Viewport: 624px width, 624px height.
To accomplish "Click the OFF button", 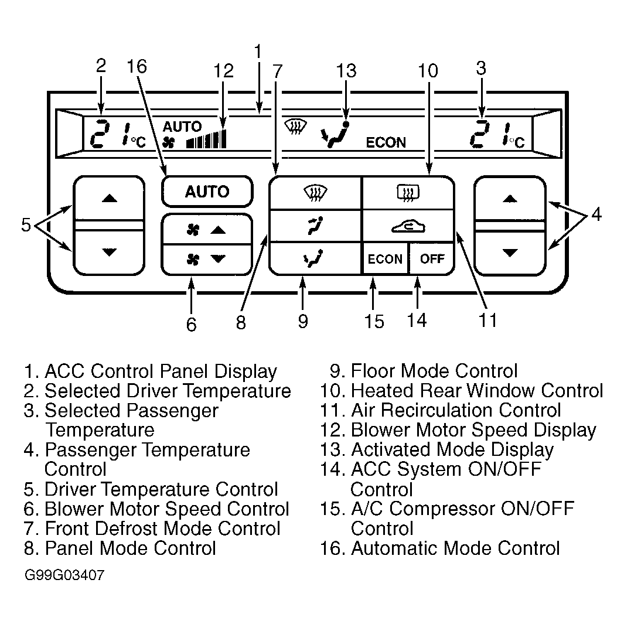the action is coord(431,258).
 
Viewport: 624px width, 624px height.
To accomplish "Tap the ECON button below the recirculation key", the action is coord(385,258).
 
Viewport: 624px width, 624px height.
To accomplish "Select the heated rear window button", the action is coord(408,193).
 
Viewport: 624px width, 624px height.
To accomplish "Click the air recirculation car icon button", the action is coord(408,226).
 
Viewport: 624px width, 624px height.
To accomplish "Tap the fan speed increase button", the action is coord(207,229).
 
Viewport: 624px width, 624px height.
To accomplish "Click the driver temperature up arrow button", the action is coord(109,198).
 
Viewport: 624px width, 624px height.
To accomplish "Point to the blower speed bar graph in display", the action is coord(206,139).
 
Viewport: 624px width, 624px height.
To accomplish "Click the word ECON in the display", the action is coord(386,142).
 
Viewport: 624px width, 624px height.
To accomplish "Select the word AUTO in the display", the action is coord(182,127).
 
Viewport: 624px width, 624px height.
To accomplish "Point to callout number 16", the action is coord(137,66).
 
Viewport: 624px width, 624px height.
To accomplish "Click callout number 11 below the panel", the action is coord(488,320).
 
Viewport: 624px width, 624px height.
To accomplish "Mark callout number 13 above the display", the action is coord(346,70).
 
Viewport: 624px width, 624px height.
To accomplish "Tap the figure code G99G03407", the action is coord(64,575).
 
